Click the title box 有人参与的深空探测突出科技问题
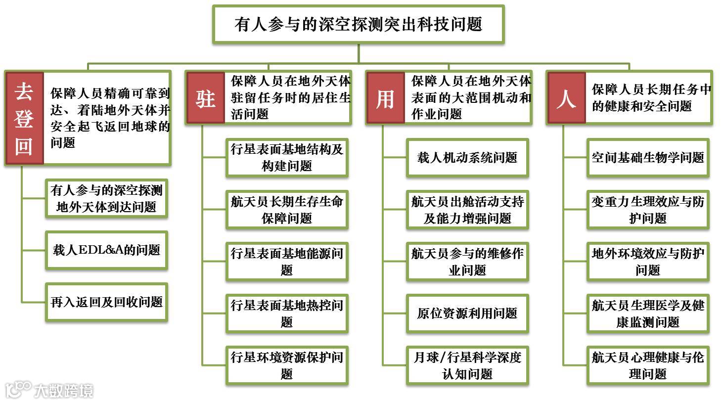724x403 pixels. click(x=358, y=24)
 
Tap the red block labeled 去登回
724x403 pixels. click(x=24, y=118)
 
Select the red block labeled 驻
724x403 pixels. click(x=205, y=98)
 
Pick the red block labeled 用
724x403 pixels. click(x=385, y=98)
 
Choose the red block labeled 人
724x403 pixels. click(x=566, y=98)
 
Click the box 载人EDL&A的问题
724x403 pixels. click(x=106, y=250)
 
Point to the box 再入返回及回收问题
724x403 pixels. click(x=106, y=302)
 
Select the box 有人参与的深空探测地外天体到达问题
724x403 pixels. click(x=106, y=198)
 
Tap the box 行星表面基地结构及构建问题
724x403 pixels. click(x=287, y=158)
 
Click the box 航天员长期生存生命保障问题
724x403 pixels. click(x=287, y=210)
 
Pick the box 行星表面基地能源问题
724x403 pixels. click(x=287, y=262)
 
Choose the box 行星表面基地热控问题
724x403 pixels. click(x=287, y=313)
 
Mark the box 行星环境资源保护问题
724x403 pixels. click(x=287, y=365)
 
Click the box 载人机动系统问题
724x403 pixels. click(x=467, y=158)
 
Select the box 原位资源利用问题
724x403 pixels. click(x=467, y=313)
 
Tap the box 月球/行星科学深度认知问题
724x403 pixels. click(x=467, y=365)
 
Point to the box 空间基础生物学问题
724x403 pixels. click(x=648, y=158)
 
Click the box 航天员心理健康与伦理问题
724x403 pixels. click(x=648, y=365)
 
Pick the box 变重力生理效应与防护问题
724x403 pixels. click(x=648, y=210)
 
